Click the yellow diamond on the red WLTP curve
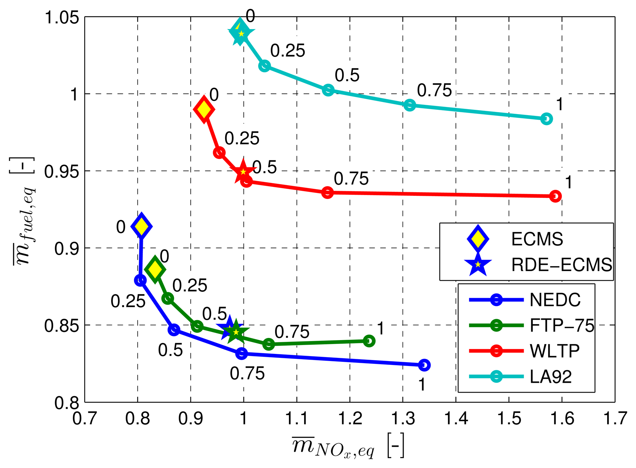click(204, 109)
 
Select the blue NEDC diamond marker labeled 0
click(141, 226)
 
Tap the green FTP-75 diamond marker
click(155, 270)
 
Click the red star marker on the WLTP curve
click(243, 172)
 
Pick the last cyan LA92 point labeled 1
click(546, 119)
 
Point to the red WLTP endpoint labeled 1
click(555, 196)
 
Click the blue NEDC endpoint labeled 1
click(424, 365)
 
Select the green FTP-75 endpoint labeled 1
click(369, 341)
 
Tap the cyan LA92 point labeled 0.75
click(410, 105)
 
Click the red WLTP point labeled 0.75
click(328, 193)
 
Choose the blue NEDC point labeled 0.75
click(242, 354)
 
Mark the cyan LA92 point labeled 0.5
click(328, 90)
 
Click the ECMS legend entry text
click(537, 239)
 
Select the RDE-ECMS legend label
click(562, 265)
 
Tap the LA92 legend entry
click(551, 377)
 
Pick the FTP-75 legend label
click(562, 326)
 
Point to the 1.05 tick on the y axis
click(61, 17)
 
